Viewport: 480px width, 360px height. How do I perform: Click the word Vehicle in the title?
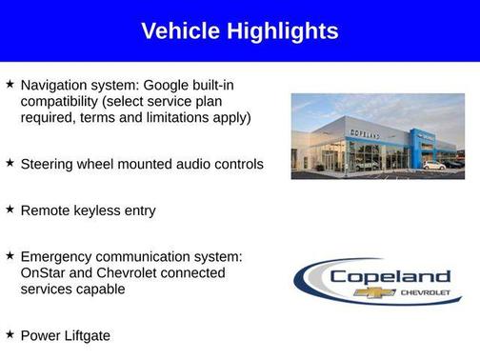click(180, 31)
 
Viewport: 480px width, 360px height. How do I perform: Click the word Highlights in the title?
click(281, 31)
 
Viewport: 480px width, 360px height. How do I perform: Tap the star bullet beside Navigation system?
click(10, 85)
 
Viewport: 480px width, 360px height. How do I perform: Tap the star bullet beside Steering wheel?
click(10, 163)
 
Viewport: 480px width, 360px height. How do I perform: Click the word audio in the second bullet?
click(190, 164)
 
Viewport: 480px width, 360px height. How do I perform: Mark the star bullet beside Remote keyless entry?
click(10, 209)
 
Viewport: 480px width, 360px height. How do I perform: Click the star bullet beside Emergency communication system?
click(10, 255)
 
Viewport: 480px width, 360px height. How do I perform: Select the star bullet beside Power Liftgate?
click(10, 334)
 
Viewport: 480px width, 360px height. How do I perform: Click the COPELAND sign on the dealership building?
click(363, 136)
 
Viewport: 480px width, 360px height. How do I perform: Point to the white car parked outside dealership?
click(433, 165)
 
